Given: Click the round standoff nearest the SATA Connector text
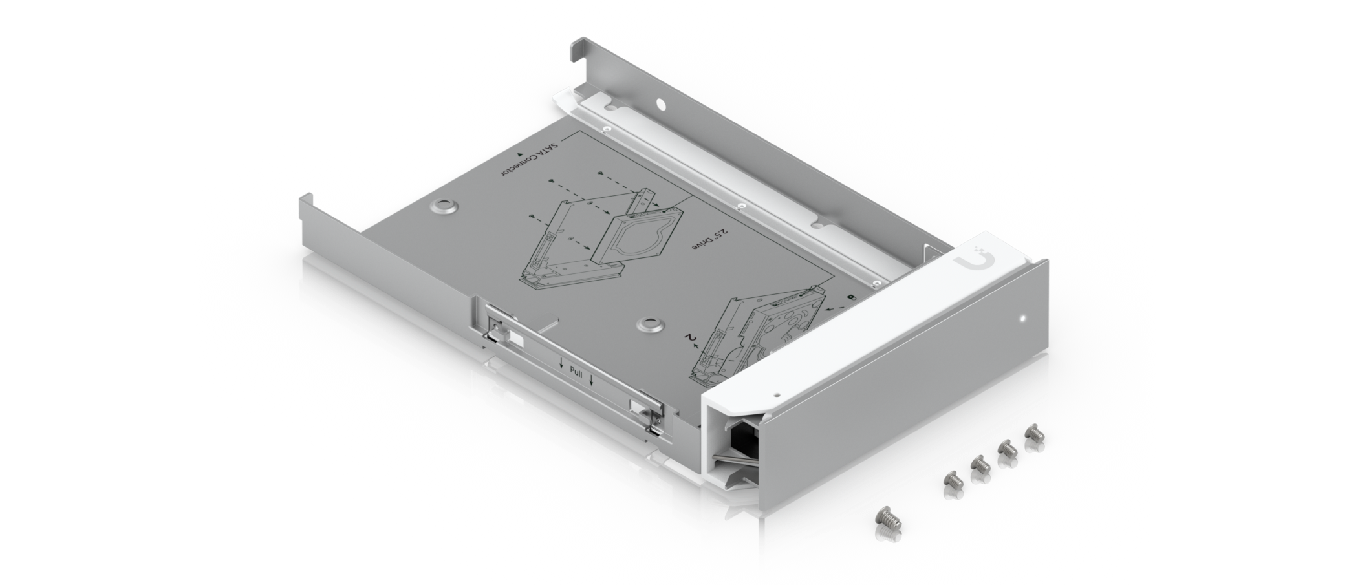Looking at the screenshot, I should coord(445,206).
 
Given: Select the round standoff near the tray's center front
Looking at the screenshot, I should coord(647,323).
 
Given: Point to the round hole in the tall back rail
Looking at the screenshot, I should coord(660,103).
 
